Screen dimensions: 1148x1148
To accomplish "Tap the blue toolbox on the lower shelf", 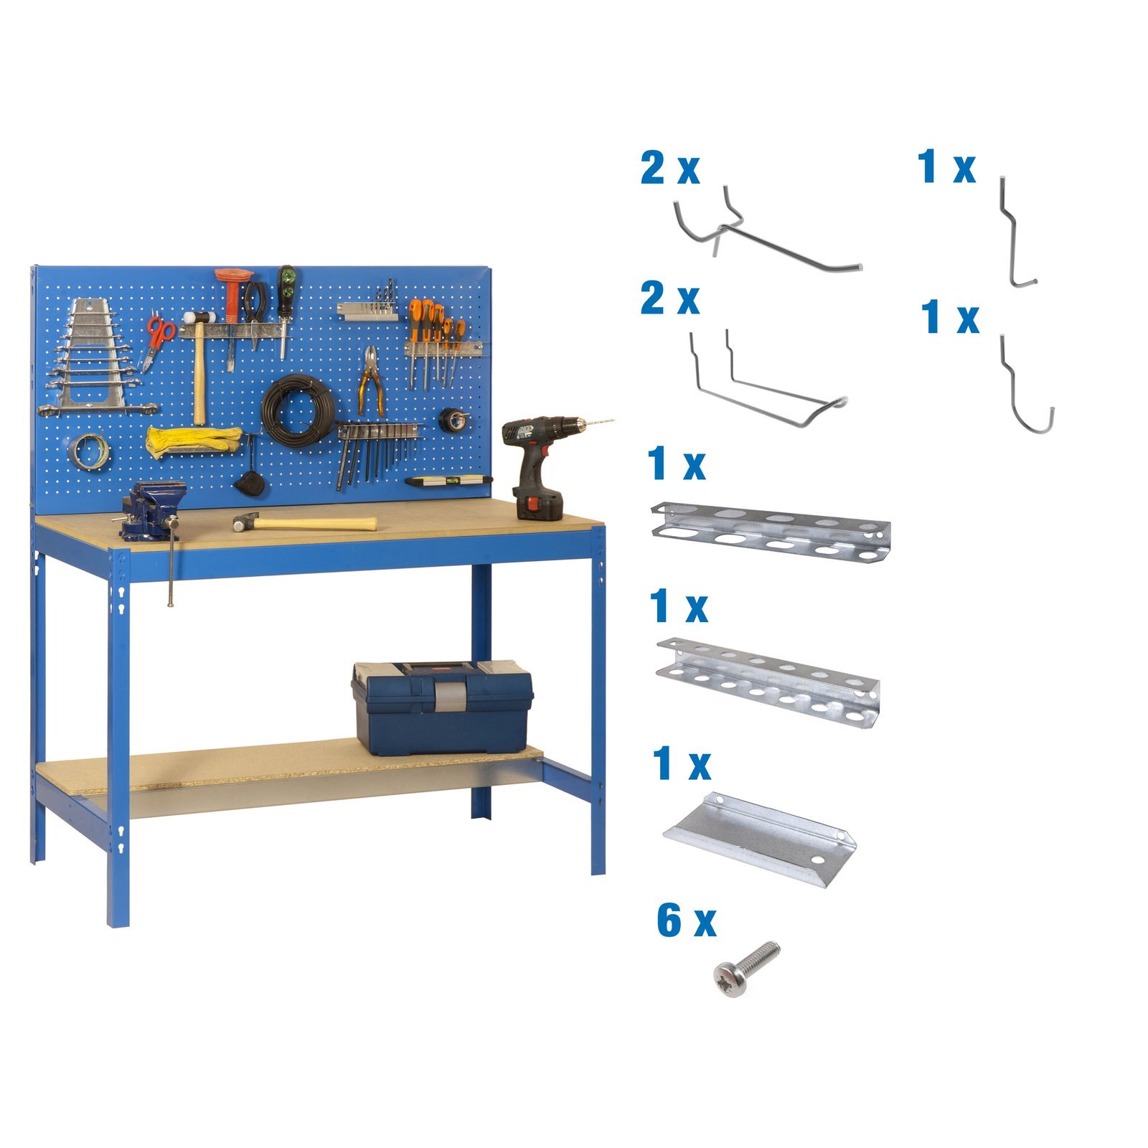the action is (x=442, y=707).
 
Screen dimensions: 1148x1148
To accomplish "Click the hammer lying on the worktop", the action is (x=304, y=522).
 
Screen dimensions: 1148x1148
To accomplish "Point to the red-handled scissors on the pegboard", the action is (x=157, y=341).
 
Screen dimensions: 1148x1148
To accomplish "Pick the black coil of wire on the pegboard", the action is (x=298, y=411).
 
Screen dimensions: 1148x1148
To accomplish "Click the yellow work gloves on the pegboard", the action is (x=194, y=440).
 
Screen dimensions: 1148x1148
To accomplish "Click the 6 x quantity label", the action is (x=686, y=921).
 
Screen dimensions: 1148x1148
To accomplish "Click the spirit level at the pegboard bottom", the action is (x=448, y=480).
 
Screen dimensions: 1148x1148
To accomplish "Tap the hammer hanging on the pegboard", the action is (x=199, y=366).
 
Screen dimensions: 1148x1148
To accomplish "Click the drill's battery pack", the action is (x=538, y=504).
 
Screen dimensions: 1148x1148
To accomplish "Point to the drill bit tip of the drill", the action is (x=614, y=420).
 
